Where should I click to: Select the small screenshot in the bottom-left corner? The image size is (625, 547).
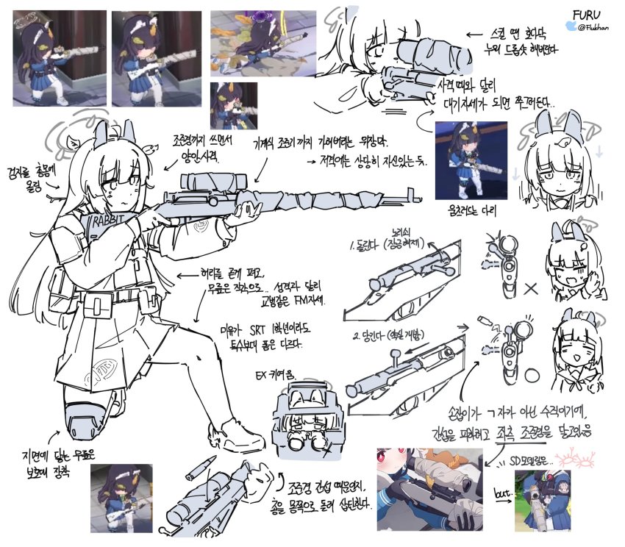click(121, 498)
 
